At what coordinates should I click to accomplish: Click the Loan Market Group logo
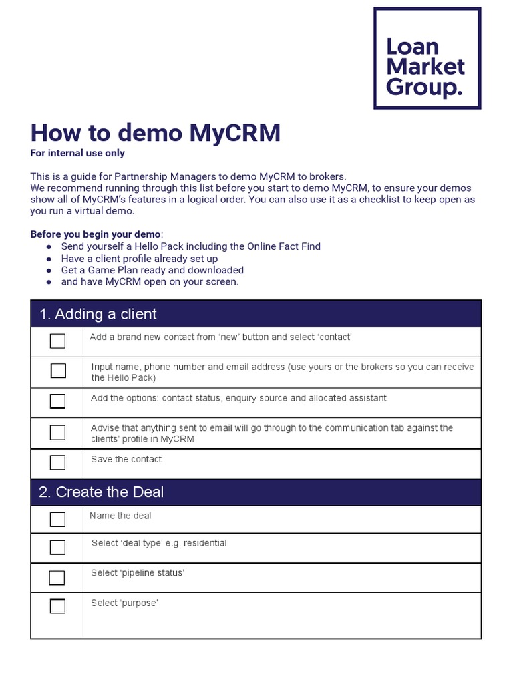click(427, 58)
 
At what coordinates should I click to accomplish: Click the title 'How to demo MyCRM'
click(156, 133)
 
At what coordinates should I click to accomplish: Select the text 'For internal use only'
click(77, 153)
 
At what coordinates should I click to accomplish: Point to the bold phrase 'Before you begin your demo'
click(96, 234)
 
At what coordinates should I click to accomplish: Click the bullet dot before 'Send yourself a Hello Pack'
click(49, 247)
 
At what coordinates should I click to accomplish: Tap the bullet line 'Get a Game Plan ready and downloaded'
click(152, 270)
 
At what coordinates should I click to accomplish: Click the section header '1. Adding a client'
click(98, 314)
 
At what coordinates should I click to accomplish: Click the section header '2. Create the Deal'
click(101, 492)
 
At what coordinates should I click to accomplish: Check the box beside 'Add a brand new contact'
click(58, 341)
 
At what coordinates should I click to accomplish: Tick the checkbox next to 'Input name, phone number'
click(58, 371)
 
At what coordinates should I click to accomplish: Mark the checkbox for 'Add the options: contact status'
click(58, 401)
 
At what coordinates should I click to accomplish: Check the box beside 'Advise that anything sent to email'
click(58, 432)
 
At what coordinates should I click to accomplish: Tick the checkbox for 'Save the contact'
click(58, 462)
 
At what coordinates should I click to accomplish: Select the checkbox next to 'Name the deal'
click(58, 520)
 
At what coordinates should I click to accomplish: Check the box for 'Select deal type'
click(58, 548)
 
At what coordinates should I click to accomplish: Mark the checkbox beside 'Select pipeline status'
click(58, 578)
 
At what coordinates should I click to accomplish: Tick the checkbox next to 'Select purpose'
click(58, 607)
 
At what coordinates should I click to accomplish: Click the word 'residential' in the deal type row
click(204, 543)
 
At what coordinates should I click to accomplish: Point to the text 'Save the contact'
click(126, 459)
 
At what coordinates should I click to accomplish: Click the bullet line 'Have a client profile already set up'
click(140, 259)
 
